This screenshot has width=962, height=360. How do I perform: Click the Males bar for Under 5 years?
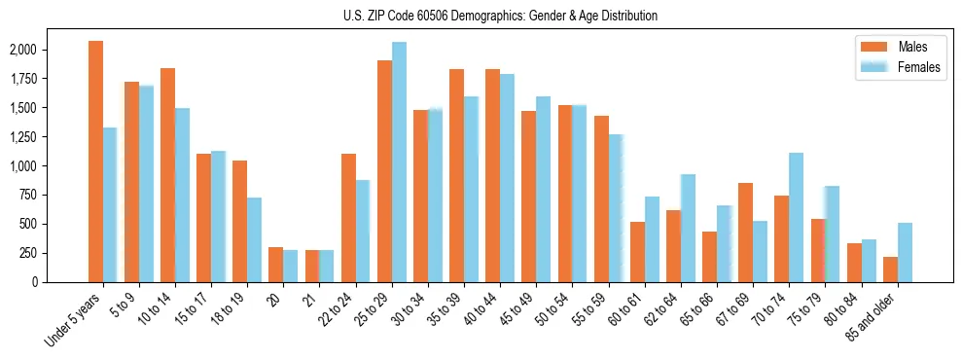(95, 162)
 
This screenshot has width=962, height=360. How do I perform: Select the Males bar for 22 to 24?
(348, 218)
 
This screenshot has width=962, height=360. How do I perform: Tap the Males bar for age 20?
(275, 265)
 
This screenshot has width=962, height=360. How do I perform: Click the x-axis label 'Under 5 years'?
(74, 321)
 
